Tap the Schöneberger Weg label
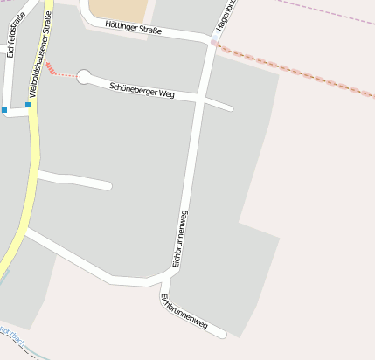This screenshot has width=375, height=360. click(x=143, y=89)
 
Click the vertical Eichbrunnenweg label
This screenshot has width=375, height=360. click(x=181, y=238)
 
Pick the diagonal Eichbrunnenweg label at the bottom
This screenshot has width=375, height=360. click(x=184, y=312)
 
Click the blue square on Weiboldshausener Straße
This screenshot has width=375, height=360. click(x=28, y=105)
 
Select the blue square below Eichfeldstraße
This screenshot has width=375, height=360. click(x=4, y=110)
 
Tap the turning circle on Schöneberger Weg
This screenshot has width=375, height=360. click(x=84, y=77)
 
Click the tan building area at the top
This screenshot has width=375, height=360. click(x=118, y=10)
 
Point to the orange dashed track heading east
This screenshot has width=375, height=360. click(x=297, y=70)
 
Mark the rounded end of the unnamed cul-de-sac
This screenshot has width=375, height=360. click(x=108, y=185)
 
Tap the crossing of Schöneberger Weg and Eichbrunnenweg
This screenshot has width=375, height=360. click(x=201, y=100)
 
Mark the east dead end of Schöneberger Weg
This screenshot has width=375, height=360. click(x=231, y=108)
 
